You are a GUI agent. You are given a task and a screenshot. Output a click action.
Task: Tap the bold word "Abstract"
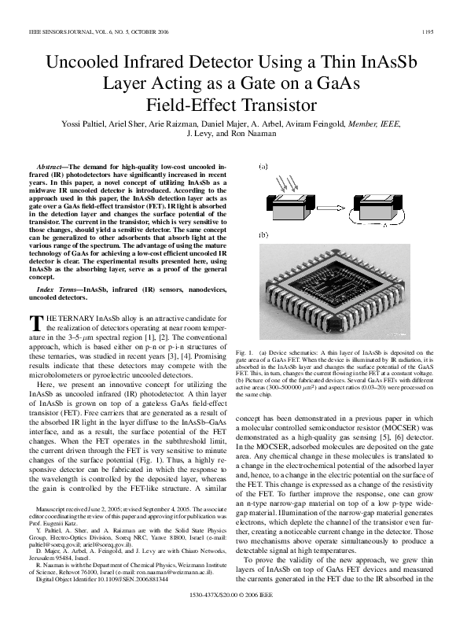[53, 168]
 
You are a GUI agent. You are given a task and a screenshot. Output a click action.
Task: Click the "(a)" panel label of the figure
[263, 167]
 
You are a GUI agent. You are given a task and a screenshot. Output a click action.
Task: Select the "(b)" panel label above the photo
[263, 235]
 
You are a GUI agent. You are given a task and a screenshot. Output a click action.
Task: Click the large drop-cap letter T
[34, 323]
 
